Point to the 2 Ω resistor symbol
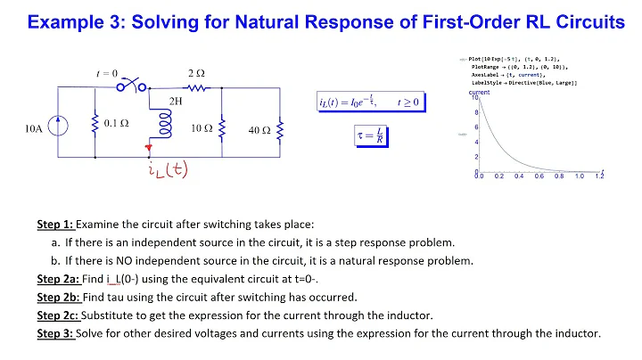tap(195, 88)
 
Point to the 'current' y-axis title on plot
tap(480, 92)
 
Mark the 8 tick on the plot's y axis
tap(475, 112)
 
